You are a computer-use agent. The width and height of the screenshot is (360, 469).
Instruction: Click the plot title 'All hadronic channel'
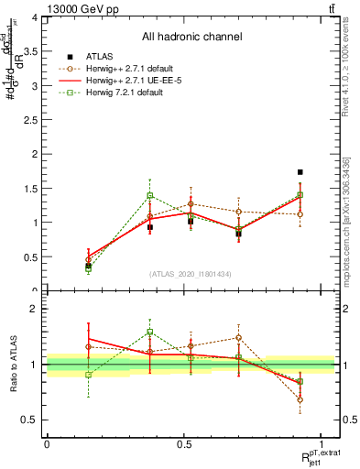(x=192, y=38)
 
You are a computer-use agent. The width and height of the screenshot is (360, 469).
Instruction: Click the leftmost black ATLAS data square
(x=88, y=266)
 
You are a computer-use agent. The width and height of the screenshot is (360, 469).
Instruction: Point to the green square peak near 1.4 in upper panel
(x=150, y=195)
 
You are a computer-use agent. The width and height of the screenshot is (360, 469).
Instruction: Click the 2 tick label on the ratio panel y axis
(x=34, y=309)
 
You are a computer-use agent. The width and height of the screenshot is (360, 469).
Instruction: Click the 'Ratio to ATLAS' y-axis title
(x=13, y=364)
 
